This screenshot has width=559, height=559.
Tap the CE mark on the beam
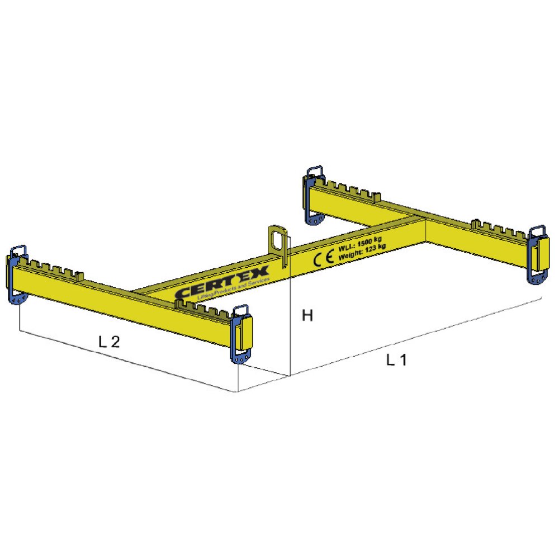pyautogui.click(x=323, y=258)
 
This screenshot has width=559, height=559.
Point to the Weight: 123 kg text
pyautogui.click(x=362, y=252)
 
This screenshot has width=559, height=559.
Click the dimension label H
pyautogui.click(x=307, y=316)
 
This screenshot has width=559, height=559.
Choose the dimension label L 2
pyautogui.click(x=109, y=342)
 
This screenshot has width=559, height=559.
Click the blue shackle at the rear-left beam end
pyautogui.click(x=313, y=194)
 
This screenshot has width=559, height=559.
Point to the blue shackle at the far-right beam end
pyautogui.click(x=538, y=254)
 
